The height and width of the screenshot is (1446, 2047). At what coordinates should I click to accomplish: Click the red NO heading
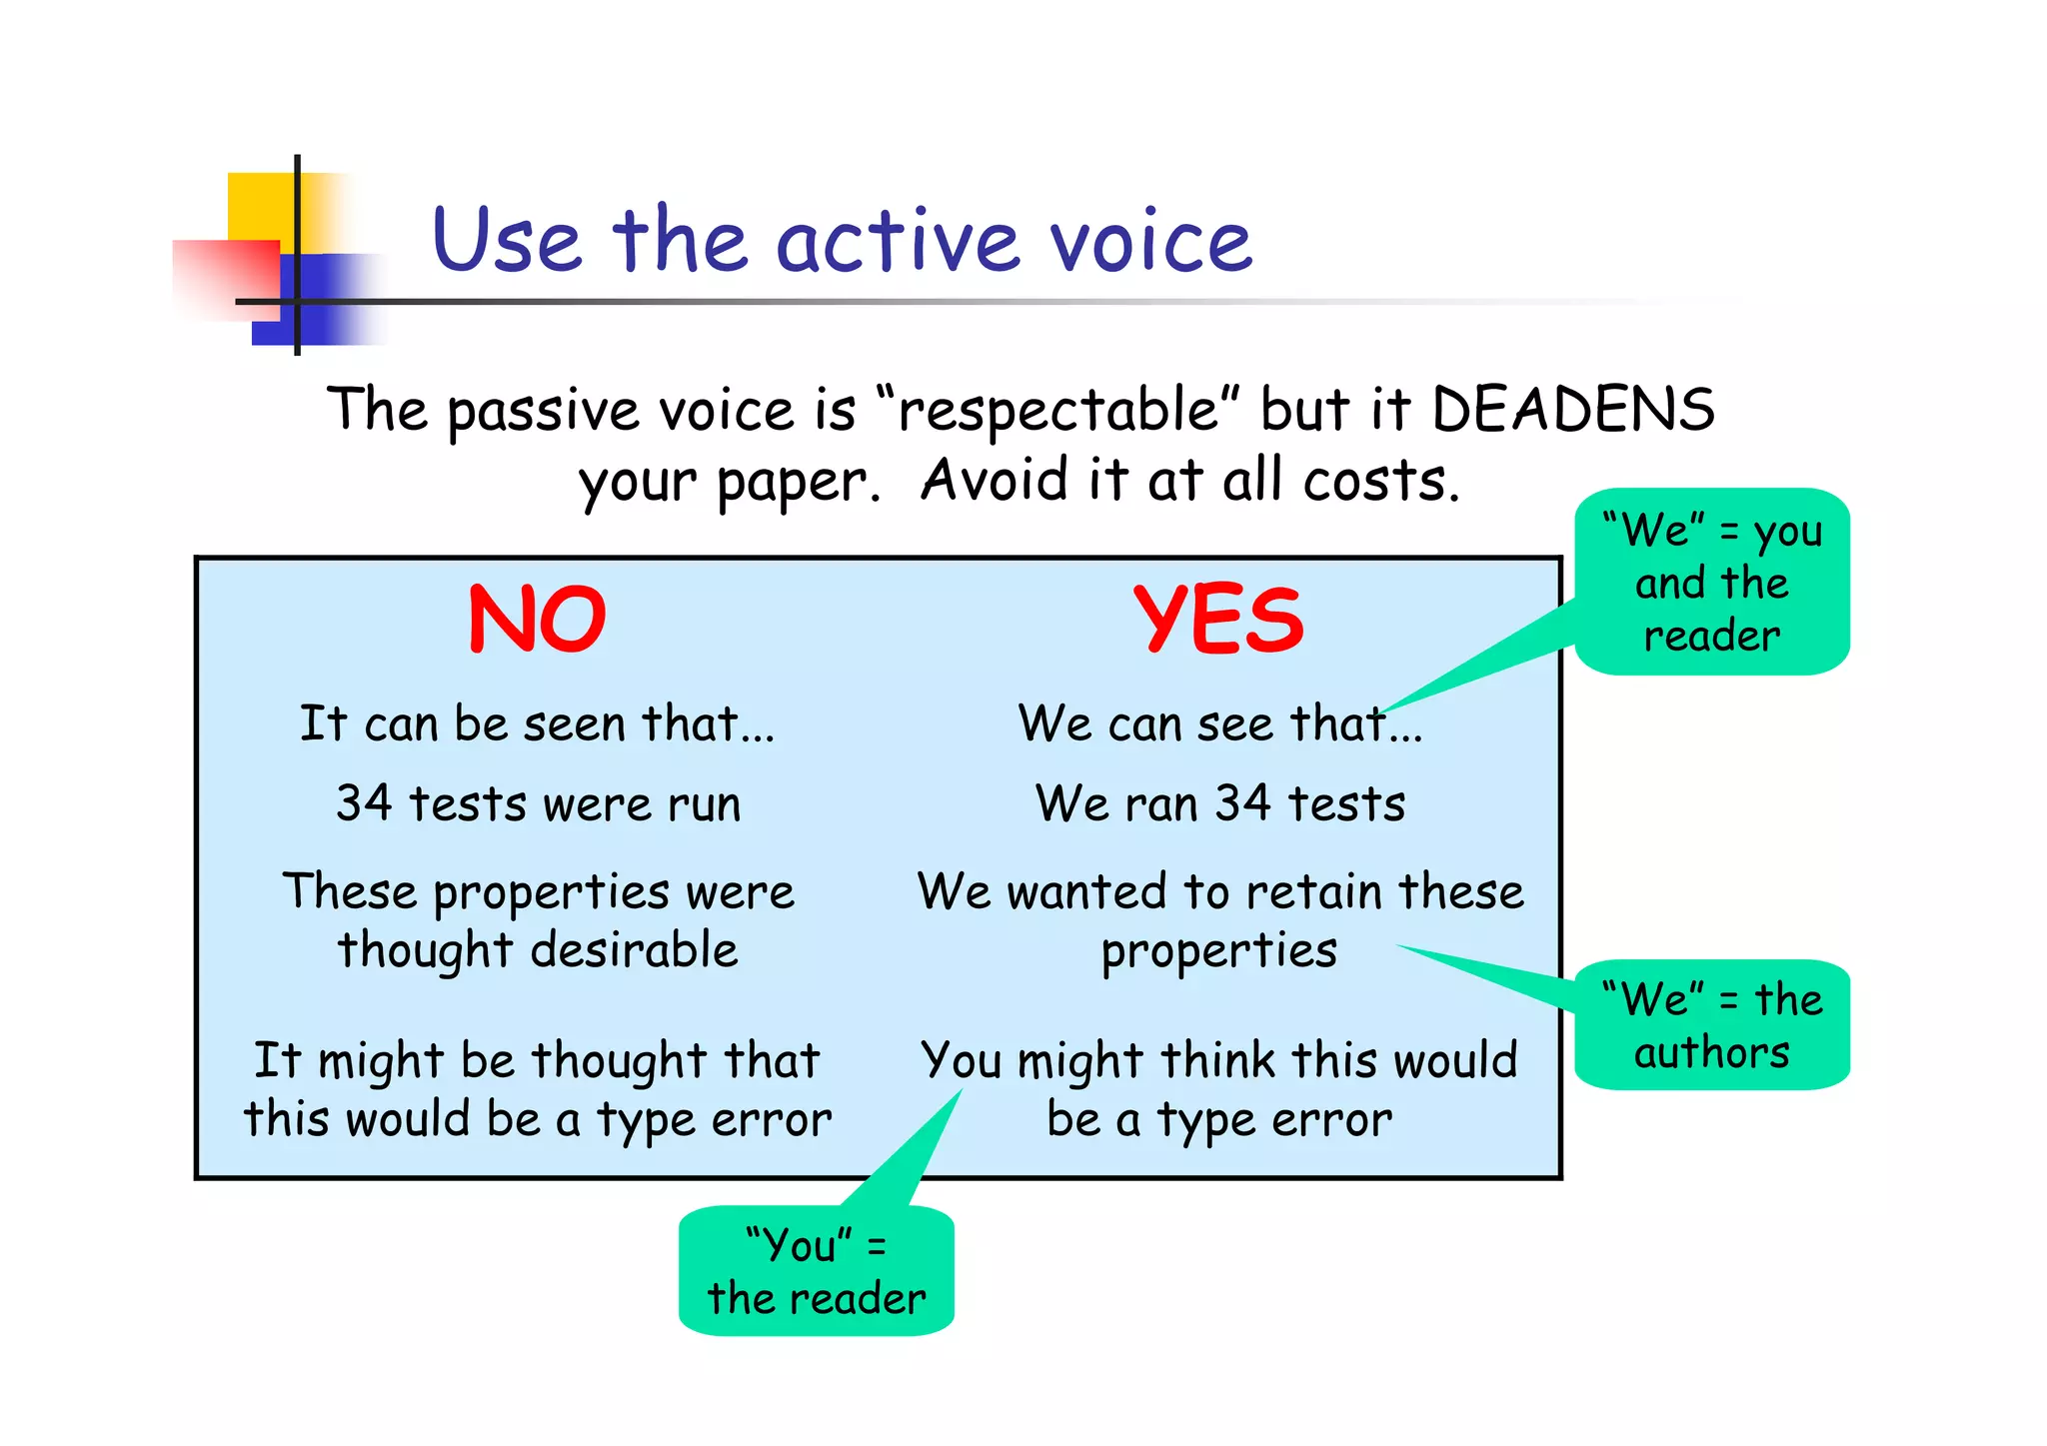coord(537,620)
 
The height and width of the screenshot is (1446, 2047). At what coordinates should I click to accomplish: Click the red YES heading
coord(1218,620)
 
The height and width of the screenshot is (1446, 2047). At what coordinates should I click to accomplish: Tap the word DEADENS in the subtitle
coord(1573,410)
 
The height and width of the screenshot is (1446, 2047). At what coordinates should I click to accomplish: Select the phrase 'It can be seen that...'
coord(537,723)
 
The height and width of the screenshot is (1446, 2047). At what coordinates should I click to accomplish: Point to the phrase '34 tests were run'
coord(539,803)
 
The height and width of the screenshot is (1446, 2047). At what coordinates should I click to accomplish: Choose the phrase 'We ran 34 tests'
coord(1220,803)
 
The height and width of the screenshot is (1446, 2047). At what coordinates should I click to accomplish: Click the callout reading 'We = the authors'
coord(1712,1025)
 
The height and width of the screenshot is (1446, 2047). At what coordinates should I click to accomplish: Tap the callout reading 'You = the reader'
coord(817,1271)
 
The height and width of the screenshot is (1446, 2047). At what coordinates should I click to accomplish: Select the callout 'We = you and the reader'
coord(1712,583)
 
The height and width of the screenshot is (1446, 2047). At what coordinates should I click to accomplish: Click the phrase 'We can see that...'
coord(1220,723)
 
